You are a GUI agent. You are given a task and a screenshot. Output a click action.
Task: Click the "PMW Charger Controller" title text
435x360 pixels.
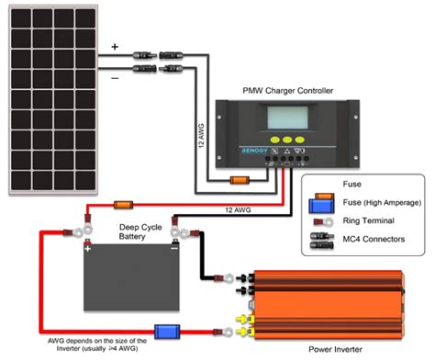287,91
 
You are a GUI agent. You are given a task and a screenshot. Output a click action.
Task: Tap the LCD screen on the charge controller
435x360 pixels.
287,118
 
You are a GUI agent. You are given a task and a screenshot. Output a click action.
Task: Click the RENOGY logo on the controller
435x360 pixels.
254,151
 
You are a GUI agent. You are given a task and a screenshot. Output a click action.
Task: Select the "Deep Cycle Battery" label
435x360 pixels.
140,231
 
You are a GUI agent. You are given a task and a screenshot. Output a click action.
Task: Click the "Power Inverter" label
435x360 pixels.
335,349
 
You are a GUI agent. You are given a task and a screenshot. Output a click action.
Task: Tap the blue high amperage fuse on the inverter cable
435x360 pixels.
167,332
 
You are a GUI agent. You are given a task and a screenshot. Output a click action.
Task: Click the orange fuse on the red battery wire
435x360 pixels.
123,205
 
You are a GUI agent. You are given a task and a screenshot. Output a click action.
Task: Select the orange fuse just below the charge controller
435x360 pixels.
240,180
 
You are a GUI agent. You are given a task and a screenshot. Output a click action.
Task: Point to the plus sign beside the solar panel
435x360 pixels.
115,47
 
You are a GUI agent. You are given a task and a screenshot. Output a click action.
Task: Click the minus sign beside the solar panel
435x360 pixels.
115,78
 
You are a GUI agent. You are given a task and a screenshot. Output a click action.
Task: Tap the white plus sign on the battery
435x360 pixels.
88,249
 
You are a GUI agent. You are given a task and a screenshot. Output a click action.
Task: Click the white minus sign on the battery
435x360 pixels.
174,248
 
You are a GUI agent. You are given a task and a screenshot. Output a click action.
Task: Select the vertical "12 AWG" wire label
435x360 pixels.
201,136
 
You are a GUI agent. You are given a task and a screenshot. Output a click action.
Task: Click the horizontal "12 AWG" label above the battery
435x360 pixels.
238,210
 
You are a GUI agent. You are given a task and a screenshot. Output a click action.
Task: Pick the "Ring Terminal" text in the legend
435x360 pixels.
368,220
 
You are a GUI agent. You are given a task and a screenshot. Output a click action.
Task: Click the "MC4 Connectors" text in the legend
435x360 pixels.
374,239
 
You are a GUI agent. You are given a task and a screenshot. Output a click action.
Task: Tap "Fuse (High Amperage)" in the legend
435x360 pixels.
382,203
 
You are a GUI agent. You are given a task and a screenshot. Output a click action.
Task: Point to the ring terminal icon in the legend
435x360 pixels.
323,221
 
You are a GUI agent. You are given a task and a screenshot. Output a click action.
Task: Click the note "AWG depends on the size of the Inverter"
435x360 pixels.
97,344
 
